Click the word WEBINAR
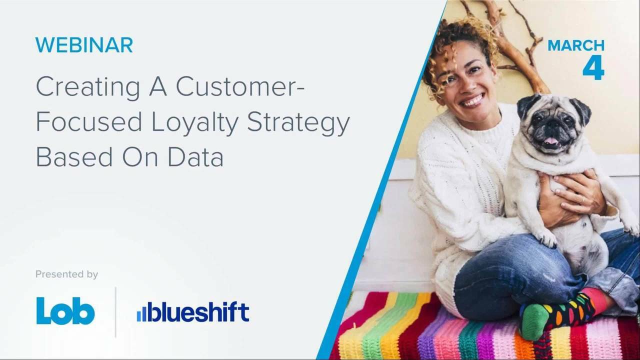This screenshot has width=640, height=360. (x=84, y=45)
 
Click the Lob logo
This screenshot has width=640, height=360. (x=65, y=311)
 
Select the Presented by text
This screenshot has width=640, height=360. (x=66, y=274)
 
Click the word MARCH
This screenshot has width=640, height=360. (x=576, y=45)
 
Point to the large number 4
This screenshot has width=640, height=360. (x=593, y=67)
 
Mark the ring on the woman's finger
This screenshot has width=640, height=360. (x=582, y=200)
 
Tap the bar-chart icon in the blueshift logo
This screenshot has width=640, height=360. (x=142, y=313)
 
